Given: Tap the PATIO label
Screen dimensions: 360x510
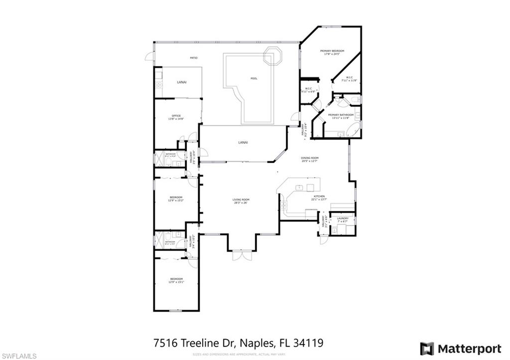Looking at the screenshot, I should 194,58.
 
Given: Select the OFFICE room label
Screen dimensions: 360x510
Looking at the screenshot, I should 176,116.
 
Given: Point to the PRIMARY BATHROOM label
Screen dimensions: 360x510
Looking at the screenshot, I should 341,115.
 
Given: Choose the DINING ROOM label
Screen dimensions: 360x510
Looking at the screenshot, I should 310,158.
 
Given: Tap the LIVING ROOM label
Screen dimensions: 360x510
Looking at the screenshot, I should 240,200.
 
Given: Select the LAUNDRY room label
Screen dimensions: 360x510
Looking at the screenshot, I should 343,219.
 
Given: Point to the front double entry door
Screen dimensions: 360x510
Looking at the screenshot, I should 240,255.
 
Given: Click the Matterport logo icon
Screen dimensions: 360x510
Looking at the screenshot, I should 427,348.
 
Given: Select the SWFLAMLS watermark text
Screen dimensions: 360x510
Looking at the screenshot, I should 19,355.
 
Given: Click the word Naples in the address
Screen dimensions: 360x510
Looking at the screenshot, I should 256,343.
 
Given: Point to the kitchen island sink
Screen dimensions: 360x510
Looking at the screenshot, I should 300,187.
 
